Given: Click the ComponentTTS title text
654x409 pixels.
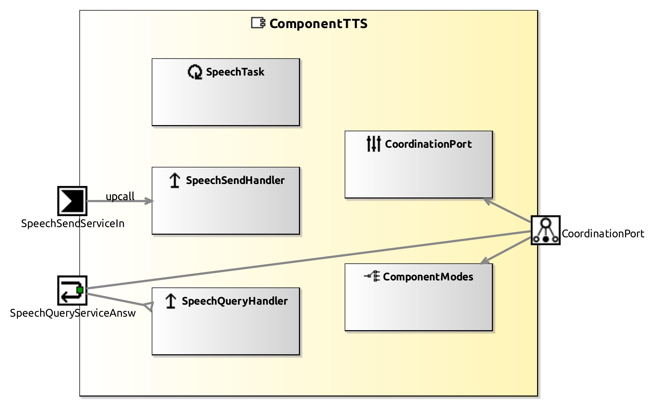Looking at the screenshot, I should click(x=318, y=23).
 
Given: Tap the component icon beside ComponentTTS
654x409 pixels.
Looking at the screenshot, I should click(x=258, y=23).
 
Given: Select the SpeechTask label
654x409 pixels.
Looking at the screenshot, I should click(x=235, y=72).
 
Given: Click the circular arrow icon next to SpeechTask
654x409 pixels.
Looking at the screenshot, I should click(x=195, y=72).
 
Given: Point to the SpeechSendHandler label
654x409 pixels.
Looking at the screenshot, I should click(x=235, y=180).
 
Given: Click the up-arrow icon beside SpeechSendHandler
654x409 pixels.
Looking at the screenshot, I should click(x=175, y=180).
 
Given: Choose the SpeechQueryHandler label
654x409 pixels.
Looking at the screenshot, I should click(x=234, y=301).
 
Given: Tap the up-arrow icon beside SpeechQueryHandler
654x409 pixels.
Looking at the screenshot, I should click(x=171, y=301).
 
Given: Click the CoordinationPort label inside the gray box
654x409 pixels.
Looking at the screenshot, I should click(x=428, y=144).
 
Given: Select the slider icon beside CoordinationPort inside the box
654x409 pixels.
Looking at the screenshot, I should click(x=374, y=144).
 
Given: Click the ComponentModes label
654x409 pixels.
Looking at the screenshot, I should click(x=428, y=277).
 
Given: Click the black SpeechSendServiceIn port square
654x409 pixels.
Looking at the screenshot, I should click(x=72, y=201).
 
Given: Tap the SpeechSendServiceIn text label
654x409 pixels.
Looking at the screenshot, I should click(x=73, y=224).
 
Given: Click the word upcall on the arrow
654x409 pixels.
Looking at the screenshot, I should click(x=120, y=196).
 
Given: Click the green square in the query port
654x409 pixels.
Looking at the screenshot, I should click(x=80, y=290).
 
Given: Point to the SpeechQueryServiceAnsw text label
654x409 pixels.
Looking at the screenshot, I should click(x=73, y=313).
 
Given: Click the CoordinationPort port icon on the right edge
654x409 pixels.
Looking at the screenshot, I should click(x=545, y=230).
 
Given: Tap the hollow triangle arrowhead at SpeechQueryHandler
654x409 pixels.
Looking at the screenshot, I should click(x=149, y=306).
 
